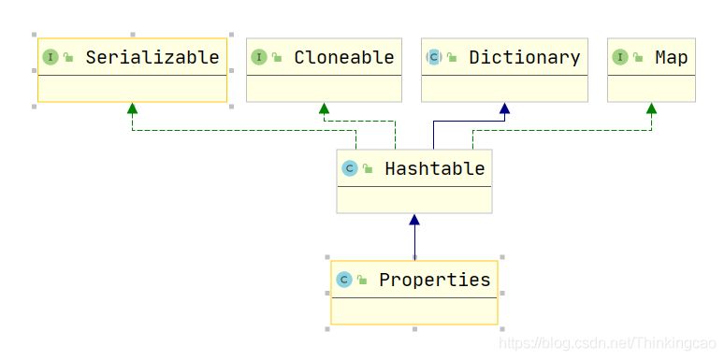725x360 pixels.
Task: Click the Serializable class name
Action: (152, 57)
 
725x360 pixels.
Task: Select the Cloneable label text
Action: (344, 57)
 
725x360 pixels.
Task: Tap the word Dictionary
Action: (524, 57)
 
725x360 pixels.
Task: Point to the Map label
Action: (672, 58)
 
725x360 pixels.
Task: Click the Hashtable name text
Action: (435, 168)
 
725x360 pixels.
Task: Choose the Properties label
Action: (435, 280)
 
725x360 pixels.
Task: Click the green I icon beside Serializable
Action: (51, 57)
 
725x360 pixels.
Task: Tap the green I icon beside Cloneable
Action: (259, 57)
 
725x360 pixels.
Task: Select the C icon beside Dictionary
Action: (434, 57)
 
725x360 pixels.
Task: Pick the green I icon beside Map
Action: (620, 57)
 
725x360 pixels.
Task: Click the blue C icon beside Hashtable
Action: (350, 168)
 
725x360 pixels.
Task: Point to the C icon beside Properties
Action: (344, 280)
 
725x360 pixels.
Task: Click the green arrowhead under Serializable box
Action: (133, 108)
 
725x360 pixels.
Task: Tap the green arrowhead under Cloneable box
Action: (324, 108)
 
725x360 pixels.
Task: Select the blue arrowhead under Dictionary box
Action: (504, 108)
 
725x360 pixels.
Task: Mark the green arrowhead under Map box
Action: (651, 108)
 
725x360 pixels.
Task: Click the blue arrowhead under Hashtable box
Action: (414, 220)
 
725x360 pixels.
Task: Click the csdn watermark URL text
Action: (607, 343)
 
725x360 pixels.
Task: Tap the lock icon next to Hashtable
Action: (368, 168)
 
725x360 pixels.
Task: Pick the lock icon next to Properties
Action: (362, 280)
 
